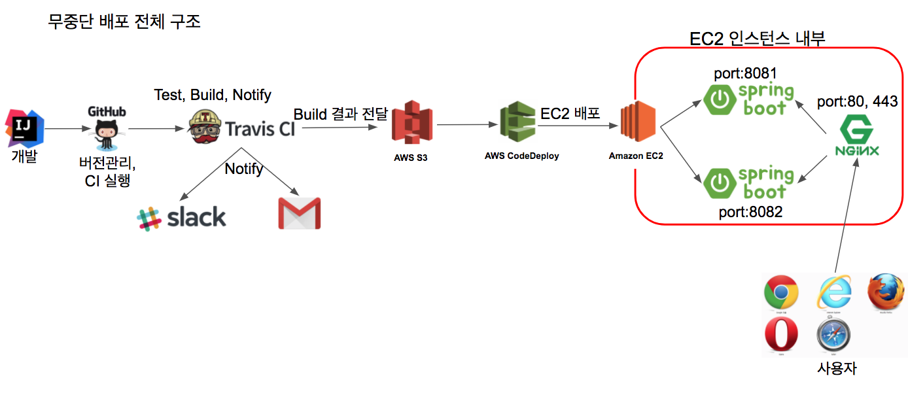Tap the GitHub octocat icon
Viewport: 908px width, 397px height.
[x=107, y=135]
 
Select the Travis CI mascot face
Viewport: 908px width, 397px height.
[x=205, y=128]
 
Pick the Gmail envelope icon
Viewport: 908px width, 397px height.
[x=300, y=213]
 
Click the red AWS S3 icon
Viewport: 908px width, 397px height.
[x=412, y=122]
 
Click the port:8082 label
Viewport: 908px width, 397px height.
[x=750, y=211]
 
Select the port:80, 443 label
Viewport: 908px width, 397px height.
[x=857, y=101]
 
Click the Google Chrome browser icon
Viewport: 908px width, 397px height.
[x=781, y=292]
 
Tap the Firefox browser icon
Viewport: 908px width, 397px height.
[x=886, y=292]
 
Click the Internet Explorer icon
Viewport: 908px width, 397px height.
[x=835, y=292]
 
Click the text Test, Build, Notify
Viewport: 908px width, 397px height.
[x=213, y=95]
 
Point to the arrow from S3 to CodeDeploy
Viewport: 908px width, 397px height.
[x=464, y=124]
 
